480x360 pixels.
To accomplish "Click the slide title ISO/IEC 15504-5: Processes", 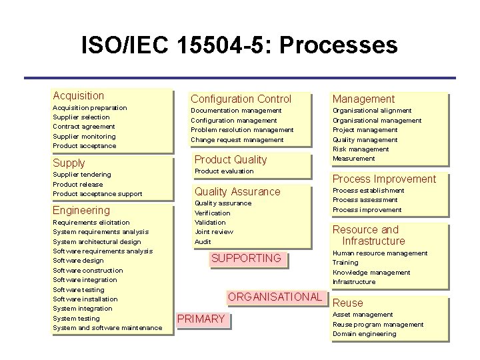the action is [239, 46].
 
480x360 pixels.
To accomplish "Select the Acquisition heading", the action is [79, 96].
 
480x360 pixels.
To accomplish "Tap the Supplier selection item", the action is [81, 117].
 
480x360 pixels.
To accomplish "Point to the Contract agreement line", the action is [84, 126].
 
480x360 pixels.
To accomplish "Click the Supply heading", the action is [69, 163].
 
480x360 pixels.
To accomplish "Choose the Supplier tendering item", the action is [81, 175].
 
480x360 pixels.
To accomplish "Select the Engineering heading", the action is [81, 210].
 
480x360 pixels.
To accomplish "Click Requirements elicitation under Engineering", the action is [91, 222].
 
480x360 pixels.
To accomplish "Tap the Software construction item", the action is [87, 270].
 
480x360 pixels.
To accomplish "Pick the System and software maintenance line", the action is [107, 327].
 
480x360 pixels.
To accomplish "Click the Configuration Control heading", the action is [241, 99].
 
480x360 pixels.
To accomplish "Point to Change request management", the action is [237, 139].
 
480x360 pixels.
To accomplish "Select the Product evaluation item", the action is [223, 171].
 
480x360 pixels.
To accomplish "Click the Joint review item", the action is [214, 231].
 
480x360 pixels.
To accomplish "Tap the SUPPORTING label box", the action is [246, 258].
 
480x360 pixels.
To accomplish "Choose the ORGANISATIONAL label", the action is [275, 297].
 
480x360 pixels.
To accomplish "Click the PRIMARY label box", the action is [201, 319].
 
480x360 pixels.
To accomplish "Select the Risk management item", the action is [361, 149].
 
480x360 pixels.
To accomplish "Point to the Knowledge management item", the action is [371, 272].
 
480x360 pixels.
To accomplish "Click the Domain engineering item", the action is [364, 334].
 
